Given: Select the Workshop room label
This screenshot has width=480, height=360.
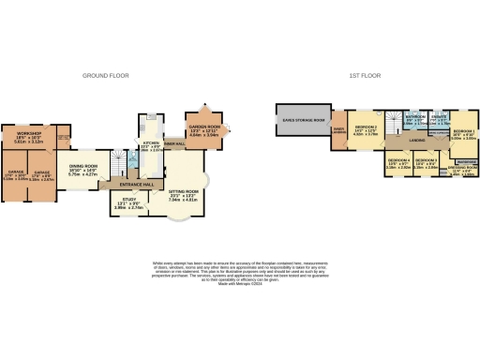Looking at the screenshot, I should tap(27, 136).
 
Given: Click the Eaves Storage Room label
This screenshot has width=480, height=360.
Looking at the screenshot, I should tap(298, 120).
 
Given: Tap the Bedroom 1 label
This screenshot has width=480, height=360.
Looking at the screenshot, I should tap(463, 133).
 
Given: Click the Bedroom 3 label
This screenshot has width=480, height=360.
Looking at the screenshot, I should tap(428, 161).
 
